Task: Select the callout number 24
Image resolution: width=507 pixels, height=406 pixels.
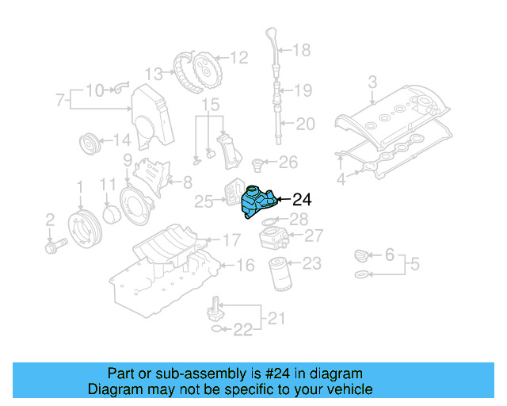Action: [302, 200]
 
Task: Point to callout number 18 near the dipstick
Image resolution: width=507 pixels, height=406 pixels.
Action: [302, 51]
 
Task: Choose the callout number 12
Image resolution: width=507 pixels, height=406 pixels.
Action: [238, 57]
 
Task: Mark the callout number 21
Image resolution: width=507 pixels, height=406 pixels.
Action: [274, 319]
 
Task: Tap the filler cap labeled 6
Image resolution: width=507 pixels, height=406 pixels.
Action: [361, 255]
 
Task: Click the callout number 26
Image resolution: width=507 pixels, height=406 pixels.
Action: [288, 163]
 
